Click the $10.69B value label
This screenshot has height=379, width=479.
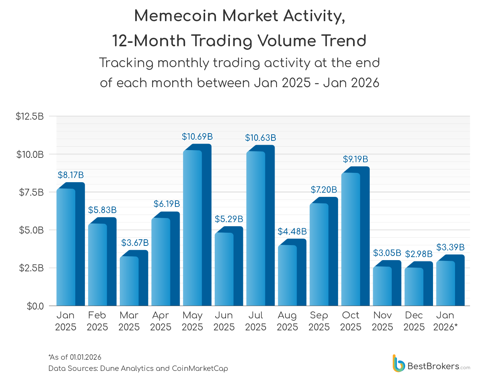pos(197,137)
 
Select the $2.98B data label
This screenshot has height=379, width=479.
pos(419,254)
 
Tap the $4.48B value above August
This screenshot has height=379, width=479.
pos(292,232)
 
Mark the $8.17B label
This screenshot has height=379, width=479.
pos(71,175)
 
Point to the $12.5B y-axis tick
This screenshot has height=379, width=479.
pos(30,116)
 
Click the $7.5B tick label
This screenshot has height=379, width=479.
pos(31,192)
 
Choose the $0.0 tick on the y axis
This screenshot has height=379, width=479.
pos(35,306)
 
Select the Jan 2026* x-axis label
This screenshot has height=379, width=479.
pos(445,321)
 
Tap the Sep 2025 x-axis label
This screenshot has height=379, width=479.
pos(319,321)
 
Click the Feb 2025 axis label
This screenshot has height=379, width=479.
pos(97,321)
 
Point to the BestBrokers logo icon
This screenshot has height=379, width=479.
pos(399,364)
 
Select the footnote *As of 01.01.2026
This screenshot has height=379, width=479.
pos(75,357)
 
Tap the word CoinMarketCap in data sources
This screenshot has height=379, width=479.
pos(200,369)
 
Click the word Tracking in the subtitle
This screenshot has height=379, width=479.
pos(126,63)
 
